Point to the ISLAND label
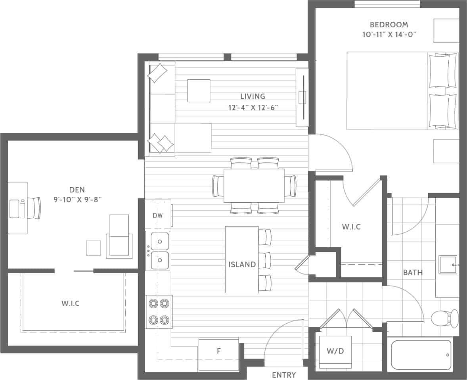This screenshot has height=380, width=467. coord(242,265)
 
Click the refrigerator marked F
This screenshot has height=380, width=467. coord(218,351)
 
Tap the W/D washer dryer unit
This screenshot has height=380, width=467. coord(335,351)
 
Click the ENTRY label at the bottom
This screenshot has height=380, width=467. coord(284,375)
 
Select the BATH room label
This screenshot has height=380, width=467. coord(413,273)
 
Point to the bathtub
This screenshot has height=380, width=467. coord(421,355)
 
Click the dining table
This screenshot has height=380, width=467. coord(254,186)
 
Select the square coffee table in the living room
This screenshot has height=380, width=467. coord(199,91)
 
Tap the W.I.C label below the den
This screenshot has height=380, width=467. coord(71,303)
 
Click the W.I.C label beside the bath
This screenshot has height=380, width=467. coord(351,227)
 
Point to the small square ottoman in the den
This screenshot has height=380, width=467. coord(94,248)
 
